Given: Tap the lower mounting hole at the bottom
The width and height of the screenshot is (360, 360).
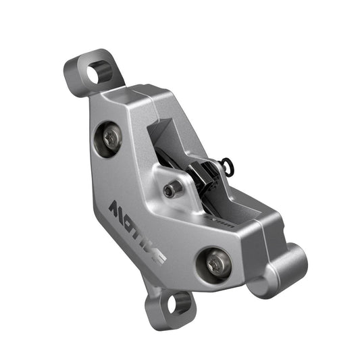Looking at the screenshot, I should click(x=178, y=304).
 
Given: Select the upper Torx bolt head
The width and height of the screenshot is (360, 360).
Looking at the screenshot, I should click(x=112, y=138).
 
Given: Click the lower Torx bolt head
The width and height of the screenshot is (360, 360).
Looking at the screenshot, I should click(x=216, y=262).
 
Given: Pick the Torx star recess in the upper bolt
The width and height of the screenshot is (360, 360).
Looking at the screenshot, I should click(x=112, y=138).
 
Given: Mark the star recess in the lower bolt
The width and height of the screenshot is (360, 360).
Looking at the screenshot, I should click(x=216, y=262).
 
